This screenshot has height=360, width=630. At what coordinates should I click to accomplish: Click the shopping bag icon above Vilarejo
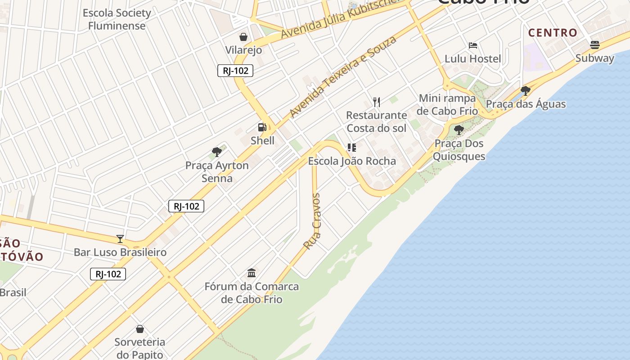pyautogui.click(x=243, y=36)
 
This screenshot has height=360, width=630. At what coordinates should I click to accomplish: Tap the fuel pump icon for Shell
pyautogui.click(x=262, y=127)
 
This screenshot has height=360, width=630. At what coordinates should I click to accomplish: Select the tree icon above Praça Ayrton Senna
pyautogui.click(x=217, y=152)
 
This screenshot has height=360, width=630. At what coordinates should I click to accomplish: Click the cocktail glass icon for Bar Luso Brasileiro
pyautogui.click(x=120, y=238)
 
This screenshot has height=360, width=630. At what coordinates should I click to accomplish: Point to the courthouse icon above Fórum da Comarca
pyautogui.click(x=252, y=273)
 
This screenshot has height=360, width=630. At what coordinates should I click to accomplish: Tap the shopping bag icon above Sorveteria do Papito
pyautogui.click(x=140, y=329)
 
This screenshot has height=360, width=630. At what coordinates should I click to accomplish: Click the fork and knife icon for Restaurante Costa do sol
pyautogui.click(x=377, y=102)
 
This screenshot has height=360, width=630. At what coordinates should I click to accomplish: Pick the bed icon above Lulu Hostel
pyautogui.click(x=472, y=45)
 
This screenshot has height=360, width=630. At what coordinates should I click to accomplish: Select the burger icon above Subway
pyautogui.click(x=594, y=45)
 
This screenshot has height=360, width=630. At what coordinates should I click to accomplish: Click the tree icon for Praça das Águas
pyautogui.click(x=525, y=91)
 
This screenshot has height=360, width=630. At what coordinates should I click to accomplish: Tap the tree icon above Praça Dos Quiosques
pyautogui.click(x=459, y=130)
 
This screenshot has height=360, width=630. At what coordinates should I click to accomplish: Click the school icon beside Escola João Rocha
pyautogui.click(x=352, y=147)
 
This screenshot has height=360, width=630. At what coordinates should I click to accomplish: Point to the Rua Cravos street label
pyautogui.click(x=312, y=221)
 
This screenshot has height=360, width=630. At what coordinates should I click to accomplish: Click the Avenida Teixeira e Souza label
pyautogui.click(x=343, y=77)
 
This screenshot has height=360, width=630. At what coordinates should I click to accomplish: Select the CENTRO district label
pyautogui.click(x=553, y=32)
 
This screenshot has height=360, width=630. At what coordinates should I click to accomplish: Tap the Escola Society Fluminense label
pyautogui.click(x=117, y=19)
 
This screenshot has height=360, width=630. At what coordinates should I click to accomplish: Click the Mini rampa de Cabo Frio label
pyautogui.click(x=447, y=104)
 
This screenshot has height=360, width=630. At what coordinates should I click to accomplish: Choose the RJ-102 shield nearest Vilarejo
pyautogui.click(x=235, y=71)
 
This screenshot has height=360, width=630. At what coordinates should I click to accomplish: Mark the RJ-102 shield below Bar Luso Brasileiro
pyautogui.click(x=108, y=274)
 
